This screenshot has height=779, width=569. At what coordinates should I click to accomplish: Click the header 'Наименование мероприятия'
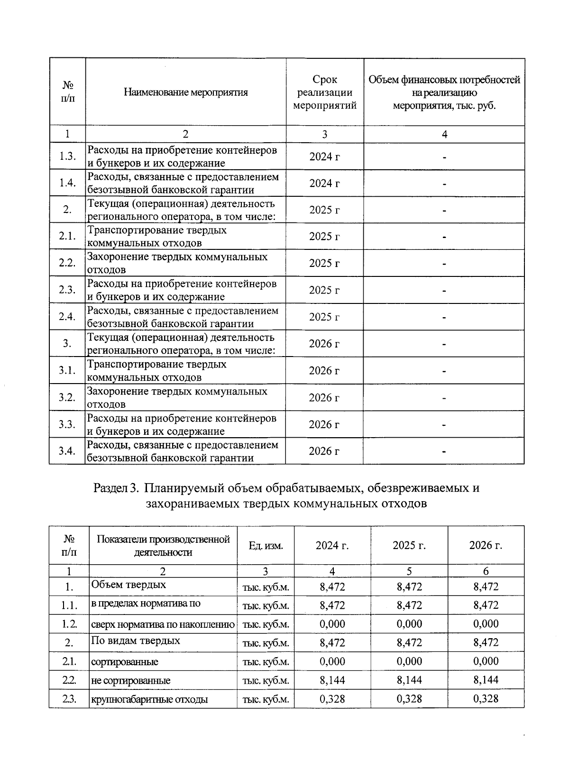(185, 92)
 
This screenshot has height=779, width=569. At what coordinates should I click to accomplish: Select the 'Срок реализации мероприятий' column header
(325, 92)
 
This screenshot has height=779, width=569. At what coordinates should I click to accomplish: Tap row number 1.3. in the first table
(67, 156)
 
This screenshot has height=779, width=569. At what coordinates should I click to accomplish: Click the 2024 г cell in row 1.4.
(324, 183)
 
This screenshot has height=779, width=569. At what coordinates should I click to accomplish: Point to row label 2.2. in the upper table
(67, 263)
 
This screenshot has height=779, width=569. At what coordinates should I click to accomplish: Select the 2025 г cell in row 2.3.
(324, 290)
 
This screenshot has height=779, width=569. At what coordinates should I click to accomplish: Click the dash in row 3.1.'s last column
(444, 371)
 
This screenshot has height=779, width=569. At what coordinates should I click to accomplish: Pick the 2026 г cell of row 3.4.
(324, 451)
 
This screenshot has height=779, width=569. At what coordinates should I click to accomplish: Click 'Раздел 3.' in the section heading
(117, 488)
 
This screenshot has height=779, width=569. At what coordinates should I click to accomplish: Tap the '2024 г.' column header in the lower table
(332, 545)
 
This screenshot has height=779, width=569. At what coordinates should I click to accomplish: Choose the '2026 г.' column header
(486, 545)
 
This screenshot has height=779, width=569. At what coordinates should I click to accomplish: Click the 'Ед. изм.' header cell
(266, 546)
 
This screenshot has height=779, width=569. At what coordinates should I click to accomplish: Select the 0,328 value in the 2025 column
(409, 699)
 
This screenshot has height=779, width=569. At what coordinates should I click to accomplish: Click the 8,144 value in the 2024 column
(332, 680)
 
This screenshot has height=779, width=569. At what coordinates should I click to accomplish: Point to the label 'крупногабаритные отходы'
(149, 699)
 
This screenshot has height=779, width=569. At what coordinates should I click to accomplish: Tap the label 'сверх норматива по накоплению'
(163, 624)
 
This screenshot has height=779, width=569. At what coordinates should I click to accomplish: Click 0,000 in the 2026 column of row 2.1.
(486, 661)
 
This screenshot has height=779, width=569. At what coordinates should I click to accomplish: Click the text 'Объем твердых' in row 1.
(128, 585)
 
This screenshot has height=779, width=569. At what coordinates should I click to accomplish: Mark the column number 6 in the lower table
(486, 571)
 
